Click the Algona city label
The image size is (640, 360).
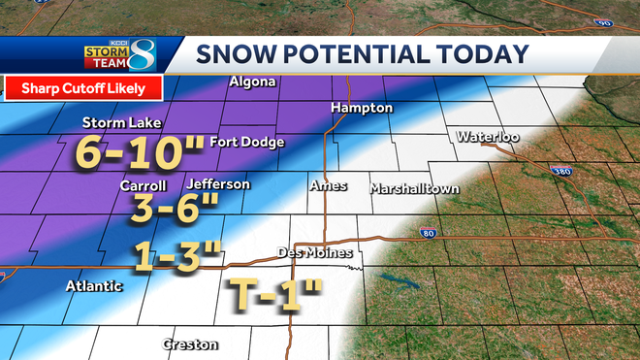pyautogui.click(x=252, y=82)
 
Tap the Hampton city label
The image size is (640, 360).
pyautogui.click(x=362, y=108)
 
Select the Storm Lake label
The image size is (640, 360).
pyautogui.click(x=121, y=123)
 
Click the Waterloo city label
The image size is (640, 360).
pyautogui.click(x=488, y=137)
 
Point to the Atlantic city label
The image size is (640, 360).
pyautogui.click(x=94, y=286)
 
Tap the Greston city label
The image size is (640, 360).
pyautogui.click(x=190, y=344)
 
